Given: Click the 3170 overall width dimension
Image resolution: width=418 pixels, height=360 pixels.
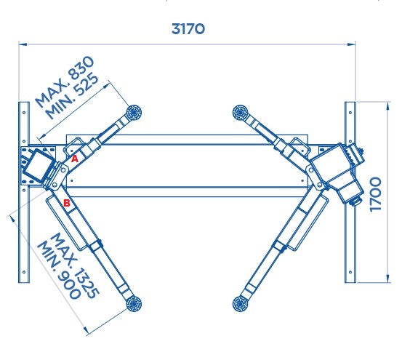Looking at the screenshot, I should click(188, 29).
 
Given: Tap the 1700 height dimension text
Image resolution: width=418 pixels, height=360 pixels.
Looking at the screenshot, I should click(375, 192).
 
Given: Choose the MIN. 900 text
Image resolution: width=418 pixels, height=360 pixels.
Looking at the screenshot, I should click(60, 268).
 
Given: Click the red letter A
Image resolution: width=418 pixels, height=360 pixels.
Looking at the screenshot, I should click(73, 158).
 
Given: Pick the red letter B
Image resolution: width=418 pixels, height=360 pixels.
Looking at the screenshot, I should click(67, 204).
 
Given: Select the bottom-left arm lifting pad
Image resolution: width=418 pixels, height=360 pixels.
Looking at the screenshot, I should click(132, 303).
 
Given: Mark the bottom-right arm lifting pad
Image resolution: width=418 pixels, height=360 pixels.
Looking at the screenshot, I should click(241, 303).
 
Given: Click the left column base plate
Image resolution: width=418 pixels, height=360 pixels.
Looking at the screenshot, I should click(36, 166).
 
